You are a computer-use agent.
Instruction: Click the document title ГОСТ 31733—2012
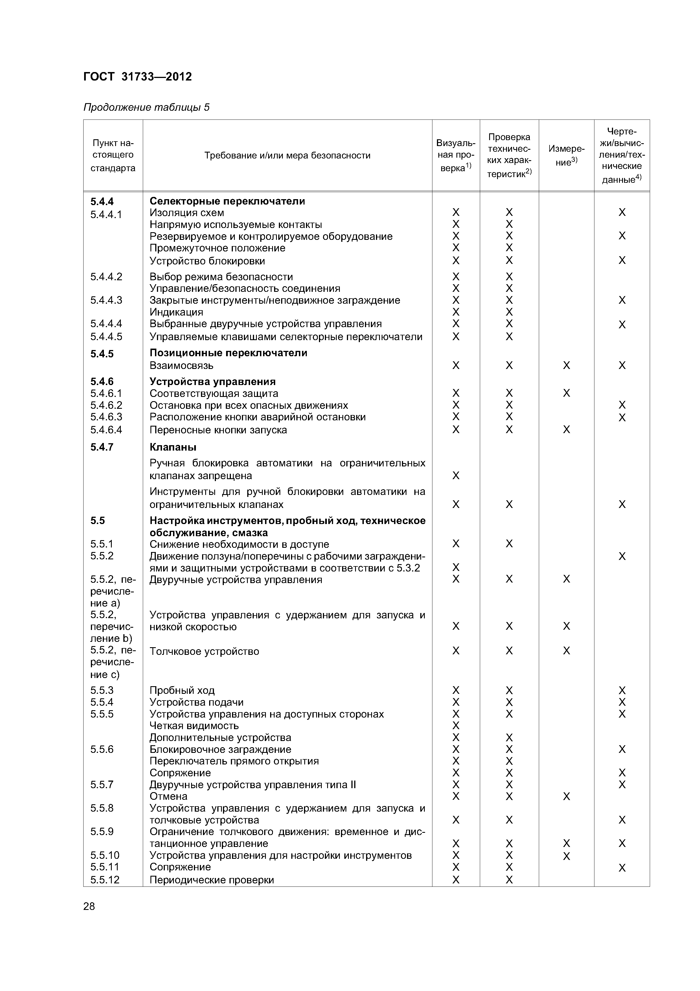click(x=137, y=77)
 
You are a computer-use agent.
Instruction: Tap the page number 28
click(x=89, y=906)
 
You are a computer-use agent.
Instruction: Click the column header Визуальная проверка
click(x=456, y=155)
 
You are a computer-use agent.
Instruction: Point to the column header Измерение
click(x=566, y=155)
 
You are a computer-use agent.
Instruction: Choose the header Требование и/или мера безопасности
click(x=287, y=155)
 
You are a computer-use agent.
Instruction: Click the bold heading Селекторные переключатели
click(x=227, y=201)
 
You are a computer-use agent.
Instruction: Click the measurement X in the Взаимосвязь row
click(x=566, y=366)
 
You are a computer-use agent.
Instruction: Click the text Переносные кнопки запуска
click(x=218, y=430)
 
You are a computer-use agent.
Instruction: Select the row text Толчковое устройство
click(x=204, y=651)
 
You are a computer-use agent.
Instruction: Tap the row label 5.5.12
click(x=105, y=880)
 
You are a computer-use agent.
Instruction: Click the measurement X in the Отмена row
click(x=566, y=796)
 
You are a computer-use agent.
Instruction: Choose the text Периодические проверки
click(x=211, y=880)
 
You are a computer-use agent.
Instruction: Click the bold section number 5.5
click(x=97, y=521)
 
